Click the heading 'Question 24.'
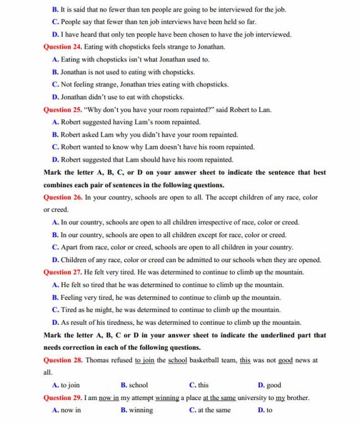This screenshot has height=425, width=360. [x=62, y=47]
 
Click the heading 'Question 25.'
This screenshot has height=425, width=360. [x=62, y=110]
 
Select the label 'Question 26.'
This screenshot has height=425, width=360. [x=62, y=197]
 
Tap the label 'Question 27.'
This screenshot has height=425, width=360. [x=62, y=273]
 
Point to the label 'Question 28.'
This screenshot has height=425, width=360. [x=62, y=360]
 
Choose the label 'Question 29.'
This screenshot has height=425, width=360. [x=62, y=398]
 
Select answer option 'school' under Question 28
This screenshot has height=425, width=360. [x=138, y=385]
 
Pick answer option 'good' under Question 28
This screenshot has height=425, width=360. [x=274, y=385]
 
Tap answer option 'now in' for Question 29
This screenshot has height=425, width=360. [x=71, y=411]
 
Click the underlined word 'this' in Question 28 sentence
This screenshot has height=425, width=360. [x=245, y=360]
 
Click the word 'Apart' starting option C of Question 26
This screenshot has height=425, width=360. [x=70, y=248]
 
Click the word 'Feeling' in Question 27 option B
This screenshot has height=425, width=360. [x=73, y=298]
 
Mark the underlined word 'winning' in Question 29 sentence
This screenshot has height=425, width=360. [x=167, y=398]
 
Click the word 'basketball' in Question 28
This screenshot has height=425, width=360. [x=205, y=360]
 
